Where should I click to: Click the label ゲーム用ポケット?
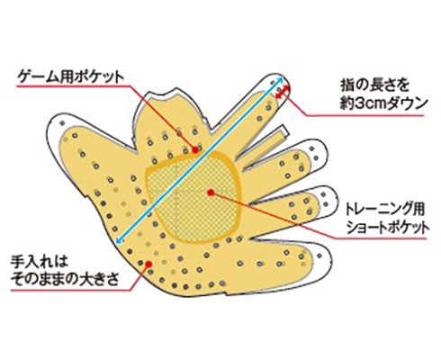[71, 77]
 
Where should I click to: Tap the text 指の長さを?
[374, 86]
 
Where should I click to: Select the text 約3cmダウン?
[383, 104]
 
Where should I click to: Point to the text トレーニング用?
[385, 210]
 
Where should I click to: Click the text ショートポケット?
[387, 228]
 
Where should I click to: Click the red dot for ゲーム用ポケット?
[195, 149]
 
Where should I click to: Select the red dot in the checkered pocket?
[211, 193]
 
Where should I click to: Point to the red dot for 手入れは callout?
[148, 264]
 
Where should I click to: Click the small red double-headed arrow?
[283, 92]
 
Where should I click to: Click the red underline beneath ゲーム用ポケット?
[74, 86]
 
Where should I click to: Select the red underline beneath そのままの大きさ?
[71, 290]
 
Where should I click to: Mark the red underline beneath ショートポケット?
[381, 238]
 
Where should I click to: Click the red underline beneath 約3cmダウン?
[364, 115]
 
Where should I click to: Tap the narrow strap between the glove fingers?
[265, 146]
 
